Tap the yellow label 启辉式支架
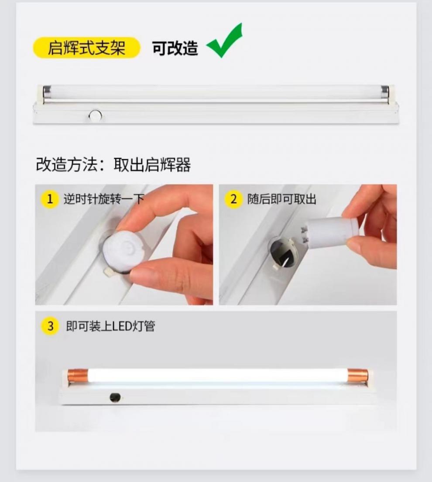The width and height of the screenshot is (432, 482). pos(86,48)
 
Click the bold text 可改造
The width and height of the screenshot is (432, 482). pos(175,48)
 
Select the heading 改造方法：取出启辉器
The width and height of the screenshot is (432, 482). pos(113,165)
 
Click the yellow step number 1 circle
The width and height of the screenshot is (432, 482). pos(50,199)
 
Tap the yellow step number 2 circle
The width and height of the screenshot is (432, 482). pos(233,199)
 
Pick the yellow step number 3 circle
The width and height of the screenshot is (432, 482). pos(50,326)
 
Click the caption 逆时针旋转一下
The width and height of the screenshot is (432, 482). pos(103,200)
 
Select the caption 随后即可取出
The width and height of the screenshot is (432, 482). pos(281,200)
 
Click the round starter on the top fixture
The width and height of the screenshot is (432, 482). pos(95,116)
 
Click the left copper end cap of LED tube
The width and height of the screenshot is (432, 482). pos(78,376)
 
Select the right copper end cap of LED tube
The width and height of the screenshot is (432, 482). pos(357,376)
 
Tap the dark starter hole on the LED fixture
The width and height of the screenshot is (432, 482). pos(115,397)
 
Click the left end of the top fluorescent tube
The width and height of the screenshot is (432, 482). pos(46,92)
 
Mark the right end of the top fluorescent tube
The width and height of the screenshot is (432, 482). pos(385,92)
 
